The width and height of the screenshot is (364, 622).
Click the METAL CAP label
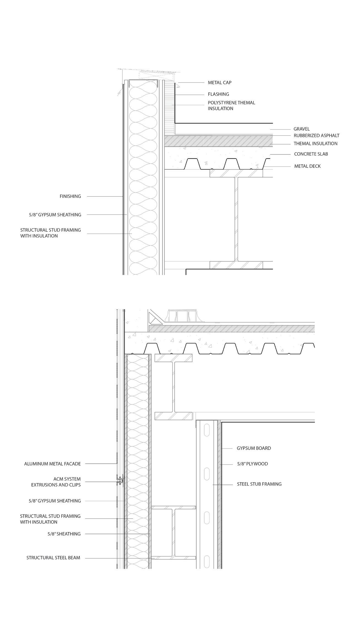(x=219, y=83)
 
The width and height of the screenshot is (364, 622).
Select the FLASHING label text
(x=218, y=94)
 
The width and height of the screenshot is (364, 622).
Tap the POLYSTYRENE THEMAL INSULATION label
(x=231, y=105)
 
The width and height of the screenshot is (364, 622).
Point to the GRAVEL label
(x=301, y=129)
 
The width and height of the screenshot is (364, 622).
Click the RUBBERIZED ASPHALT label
(x=316, y=135)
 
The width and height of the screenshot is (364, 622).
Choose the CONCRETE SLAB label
(x=311, y=154)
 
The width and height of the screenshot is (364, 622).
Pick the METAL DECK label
(x=307, y=166)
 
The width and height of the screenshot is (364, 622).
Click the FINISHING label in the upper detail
(x=70, y=196)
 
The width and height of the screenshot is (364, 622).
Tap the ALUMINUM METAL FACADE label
(x=52, y=464)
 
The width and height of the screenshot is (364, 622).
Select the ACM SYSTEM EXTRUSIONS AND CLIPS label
(x=56, y=482)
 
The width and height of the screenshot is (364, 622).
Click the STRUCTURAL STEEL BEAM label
(x=53, y=558)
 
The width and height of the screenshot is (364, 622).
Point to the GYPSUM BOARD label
(x=254, y=448)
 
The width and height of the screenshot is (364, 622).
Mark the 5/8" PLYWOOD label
(x=252, y=464)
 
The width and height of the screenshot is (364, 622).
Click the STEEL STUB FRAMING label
(x=259, y=484)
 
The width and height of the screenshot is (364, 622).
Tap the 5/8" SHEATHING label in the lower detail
(x=64, y=534)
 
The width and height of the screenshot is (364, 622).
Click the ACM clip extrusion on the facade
(x=120, y=481)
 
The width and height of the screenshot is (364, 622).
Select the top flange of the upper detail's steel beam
(x=236, y=173)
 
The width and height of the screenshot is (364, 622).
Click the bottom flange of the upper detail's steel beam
(x=236, y=265)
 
